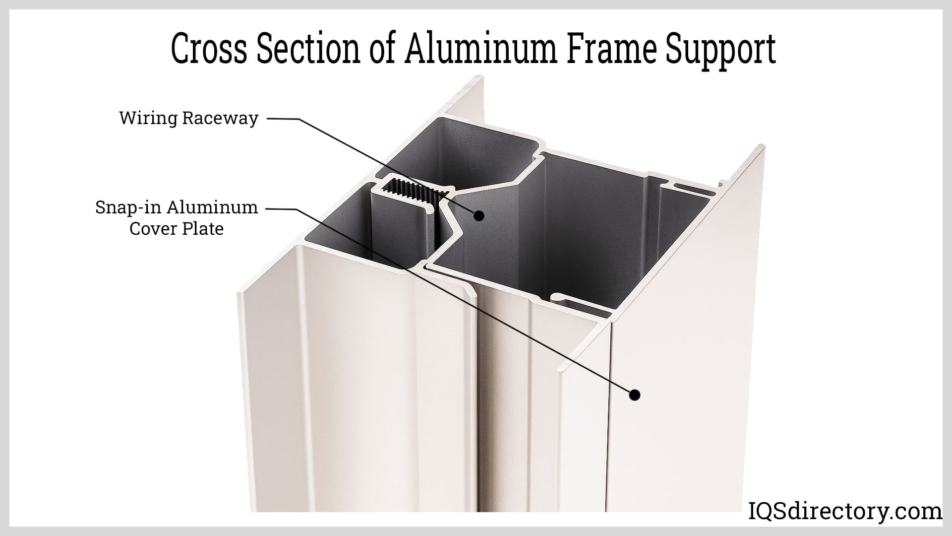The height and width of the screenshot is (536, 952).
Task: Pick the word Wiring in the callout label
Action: pyautogui.click(x=148, y=119)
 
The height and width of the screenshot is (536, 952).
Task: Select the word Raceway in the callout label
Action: pyautogui.click(x=220, y=119)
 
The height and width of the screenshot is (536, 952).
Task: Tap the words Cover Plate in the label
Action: pyautogui.click(x=177, y=229)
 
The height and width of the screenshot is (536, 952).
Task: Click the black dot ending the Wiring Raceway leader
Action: pyautogui.click(x=478, y=215)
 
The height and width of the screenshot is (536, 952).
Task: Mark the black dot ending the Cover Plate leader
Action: pyautogui.click(x=634, y=409)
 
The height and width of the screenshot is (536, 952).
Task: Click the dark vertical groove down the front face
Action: pyautogui.click(x=477, y=397)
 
